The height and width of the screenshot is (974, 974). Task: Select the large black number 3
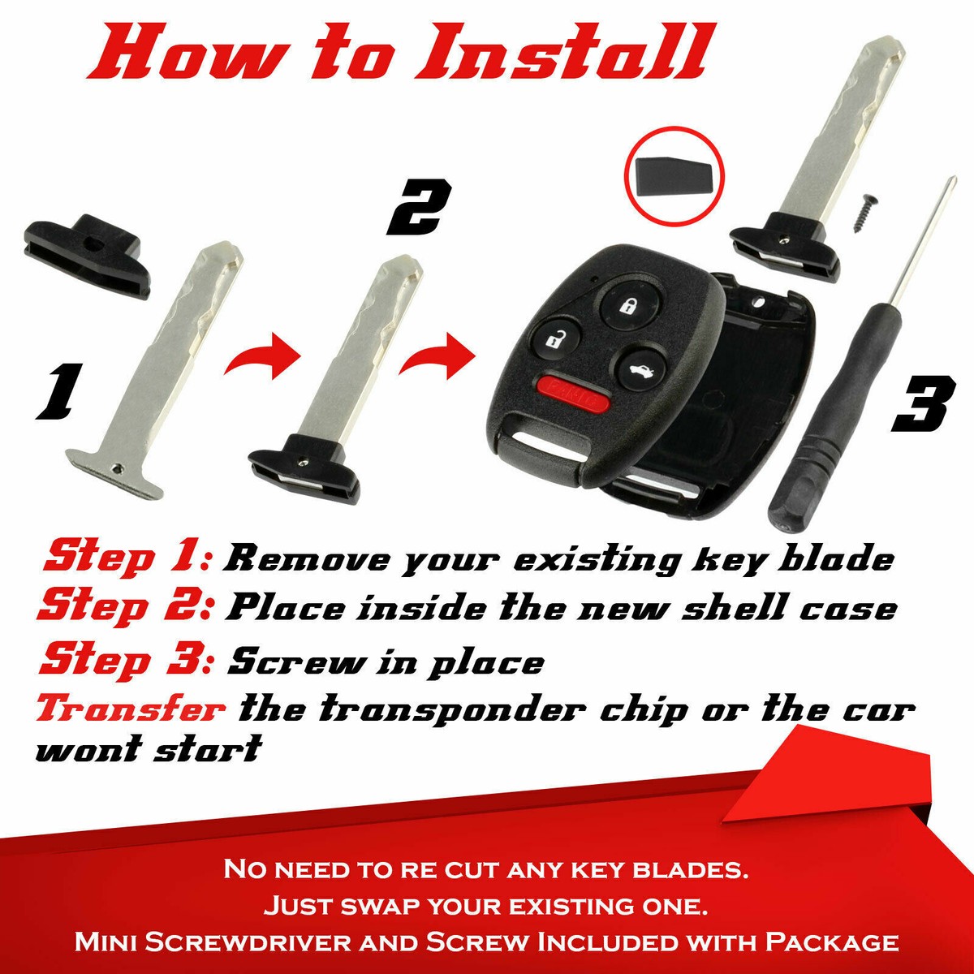(921, 405)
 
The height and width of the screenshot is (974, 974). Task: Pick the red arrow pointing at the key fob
(439, 357)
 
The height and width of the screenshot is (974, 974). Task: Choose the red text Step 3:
(127, 659)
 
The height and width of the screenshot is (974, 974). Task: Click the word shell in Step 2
(737, 609)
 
